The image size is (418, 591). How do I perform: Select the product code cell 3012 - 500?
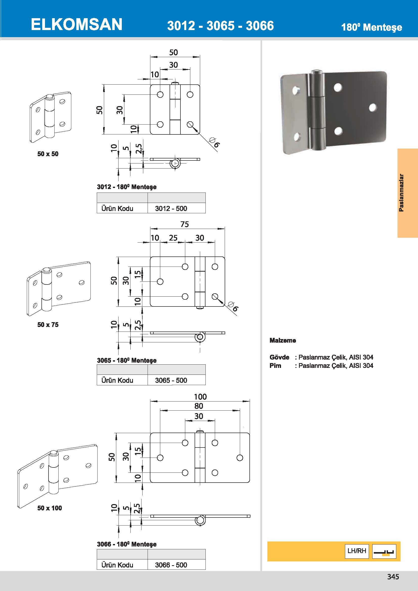[x=171, y=208]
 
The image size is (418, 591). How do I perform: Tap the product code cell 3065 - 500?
[x=171, y=380]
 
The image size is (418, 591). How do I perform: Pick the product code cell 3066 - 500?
[x=171, y=565]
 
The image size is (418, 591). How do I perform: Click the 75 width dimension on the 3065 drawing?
[x=184, y=224]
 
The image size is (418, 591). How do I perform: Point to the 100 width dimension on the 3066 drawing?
[x=200, y=397]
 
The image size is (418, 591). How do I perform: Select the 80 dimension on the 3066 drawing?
[x=199, y=406]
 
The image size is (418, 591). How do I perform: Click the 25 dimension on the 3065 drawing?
[x=173, y=238]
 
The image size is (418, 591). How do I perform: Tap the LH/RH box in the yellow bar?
[x=357, y=551]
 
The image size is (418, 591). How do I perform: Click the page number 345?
[x=393, y=577]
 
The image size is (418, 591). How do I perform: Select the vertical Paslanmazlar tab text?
[x=401, y=193]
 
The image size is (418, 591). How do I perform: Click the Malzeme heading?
[x=283, y=340]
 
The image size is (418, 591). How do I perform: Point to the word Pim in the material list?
[x=275, y=366]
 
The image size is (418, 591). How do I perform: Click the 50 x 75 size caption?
[x=48, y=325]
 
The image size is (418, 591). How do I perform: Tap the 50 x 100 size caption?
[x=50, y=508]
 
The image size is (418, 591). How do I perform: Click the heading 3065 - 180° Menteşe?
[x=127, y=360]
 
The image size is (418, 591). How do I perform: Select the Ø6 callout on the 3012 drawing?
[x=215, y=142]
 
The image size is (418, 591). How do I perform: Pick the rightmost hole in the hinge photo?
[x=373, y=108]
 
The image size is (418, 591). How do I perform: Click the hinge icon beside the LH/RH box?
[x=384, y=551]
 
